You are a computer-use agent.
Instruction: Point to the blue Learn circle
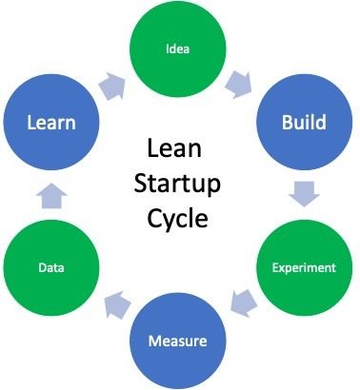pyautogui.click(x=50, y=124)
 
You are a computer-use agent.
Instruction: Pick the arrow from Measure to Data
pyautogui.click(x=117, y=304)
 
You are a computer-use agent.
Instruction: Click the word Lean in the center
pyautogui.click(x=176, y=151)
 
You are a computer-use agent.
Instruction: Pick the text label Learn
pyautogui.click(x=50, y=124)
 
